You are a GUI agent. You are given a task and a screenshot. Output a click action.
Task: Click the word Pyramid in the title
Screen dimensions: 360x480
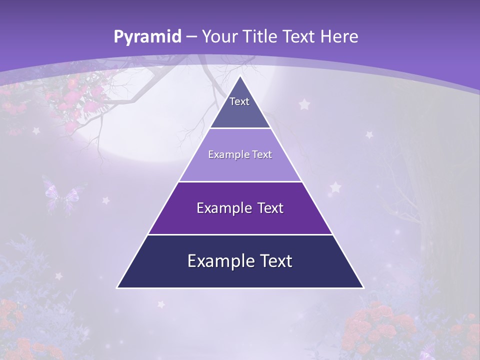click(147, 37)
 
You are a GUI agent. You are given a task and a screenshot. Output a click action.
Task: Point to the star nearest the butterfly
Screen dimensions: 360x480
click(105, 200)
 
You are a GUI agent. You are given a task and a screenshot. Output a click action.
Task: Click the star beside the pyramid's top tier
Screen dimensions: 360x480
click(304, 104)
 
